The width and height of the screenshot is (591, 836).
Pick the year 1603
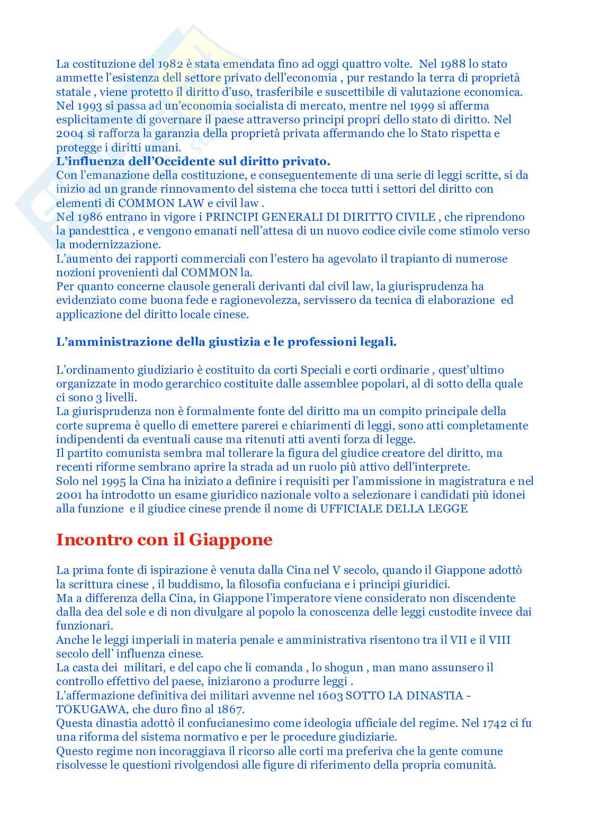(329, 695)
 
